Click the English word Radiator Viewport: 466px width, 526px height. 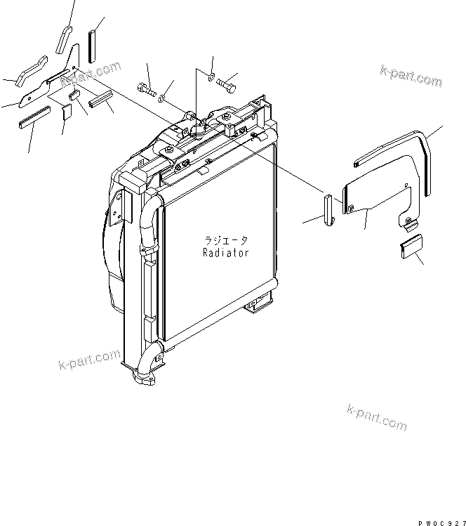pos(225,253)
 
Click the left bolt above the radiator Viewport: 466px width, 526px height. pos(145,90)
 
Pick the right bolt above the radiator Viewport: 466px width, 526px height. pos(226,84)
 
